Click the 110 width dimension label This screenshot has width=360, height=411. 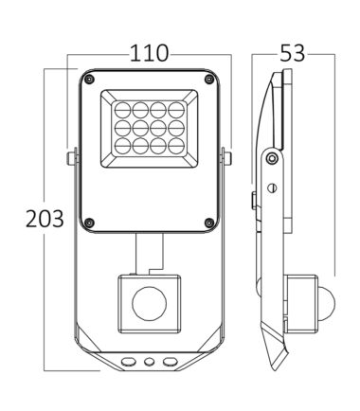pos(149,53)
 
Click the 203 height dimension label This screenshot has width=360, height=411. pos(45,219)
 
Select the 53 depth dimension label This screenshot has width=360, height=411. pos(293,53)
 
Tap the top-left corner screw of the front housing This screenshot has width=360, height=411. pos(89,79)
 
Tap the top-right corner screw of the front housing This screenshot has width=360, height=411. pos(209,79)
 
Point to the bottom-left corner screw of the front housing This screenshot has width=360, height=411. pos(89,223)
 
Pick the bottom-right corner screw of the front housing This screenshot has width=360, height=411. pos(209,223)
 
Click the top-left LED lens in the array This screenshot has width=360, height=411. pos(122,110)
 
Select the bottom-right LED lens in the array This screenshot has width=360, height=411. pos(176,146)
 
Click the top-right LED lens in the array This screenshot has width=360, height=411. pos(176,110)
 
